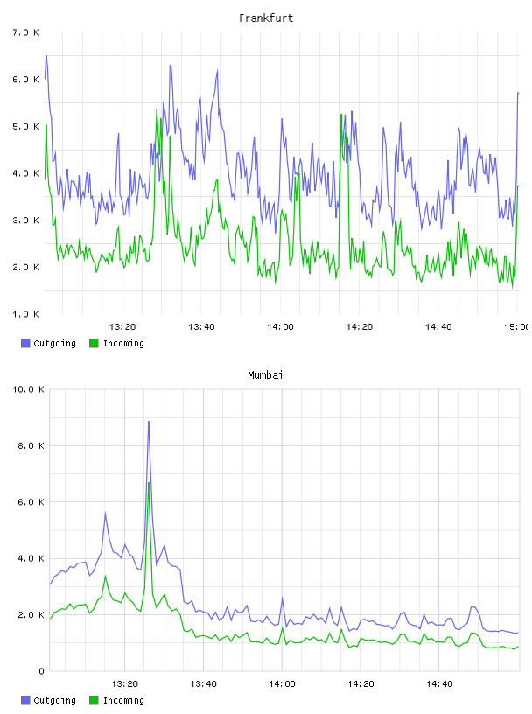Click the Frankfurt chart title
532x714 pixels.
pos(266,18)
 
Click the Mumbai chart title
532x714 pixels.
pos(265,375)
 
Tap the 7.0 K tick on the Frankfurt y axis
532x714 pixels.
pos(25,32)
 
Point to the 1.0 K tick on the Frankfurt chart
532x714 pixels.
pos(25,314)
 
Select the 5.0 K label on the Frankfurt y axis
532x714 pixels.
pos(25,126)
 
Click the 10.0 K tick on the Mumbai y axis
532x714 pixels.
pos(28,389)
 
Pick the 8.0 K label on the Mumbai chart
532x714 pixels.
pos(31,445)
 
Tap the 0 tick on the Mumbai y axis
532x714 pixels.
pos(41,671)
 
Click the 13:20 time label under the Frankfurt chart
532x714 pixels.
pos(122,326)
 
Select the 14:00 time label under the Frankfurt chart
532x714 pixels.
pos(280,326)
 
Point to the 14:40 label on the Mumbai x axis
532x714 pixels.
pos(439,683)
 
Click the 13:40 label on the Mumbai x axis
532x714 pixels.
pos(203,683)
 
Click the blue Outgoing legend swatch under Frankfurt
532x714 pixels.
pos(25,343)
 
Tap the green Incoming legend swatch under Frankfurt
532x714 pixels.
pos(94,343)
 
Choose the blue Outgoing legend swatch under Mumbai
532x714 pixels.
pos(25,700)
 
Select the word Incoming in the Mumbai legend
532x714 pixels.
pos(123,700)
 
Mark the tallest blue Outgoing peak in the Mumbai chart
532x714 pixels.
pos(149,422)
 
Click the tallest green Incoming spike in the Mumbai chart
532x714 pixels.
pos(149,483)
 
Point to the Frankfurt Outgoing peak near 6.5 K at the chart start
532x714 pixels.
pos(46,56)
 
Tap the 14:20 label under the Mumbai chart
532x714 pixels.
pos(360,683)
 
